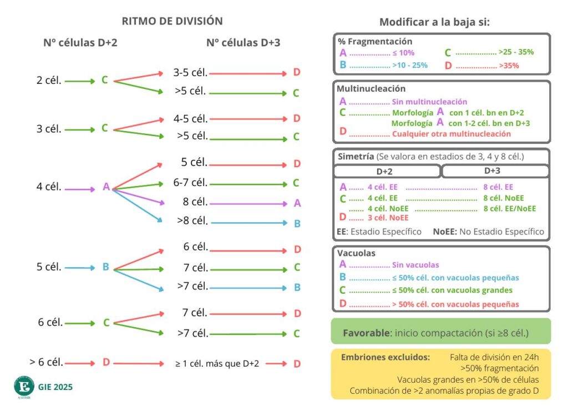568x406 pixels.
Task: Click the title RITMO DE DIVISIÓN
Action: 172,21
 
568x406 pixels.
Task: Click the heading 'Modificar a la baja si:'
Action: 434,22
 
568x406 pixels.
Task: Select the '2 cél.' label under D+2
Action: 48,80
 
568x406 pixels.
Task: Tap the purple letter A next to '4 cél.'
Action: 106,187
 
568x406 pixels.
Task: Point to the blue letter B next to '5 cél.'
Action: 105,267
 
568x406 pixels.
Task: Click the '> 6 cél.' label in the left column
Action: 46,362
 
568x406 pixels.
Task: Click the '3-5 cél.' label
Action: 190,72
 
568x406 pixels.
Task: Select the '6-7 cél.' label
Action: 190,182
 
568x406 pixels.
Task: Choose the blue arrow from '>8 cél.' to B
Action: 248,223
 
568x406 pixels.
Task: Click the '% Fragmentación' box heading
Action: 374,41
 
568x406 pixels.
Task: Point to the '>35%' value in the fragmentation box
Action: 510,66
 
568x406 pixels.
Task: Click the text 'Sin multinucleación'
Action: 429,102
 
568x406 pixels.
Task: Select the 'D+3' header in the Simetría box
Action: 493,171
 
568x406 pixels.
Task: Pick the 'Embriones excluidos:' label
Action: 385,357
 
